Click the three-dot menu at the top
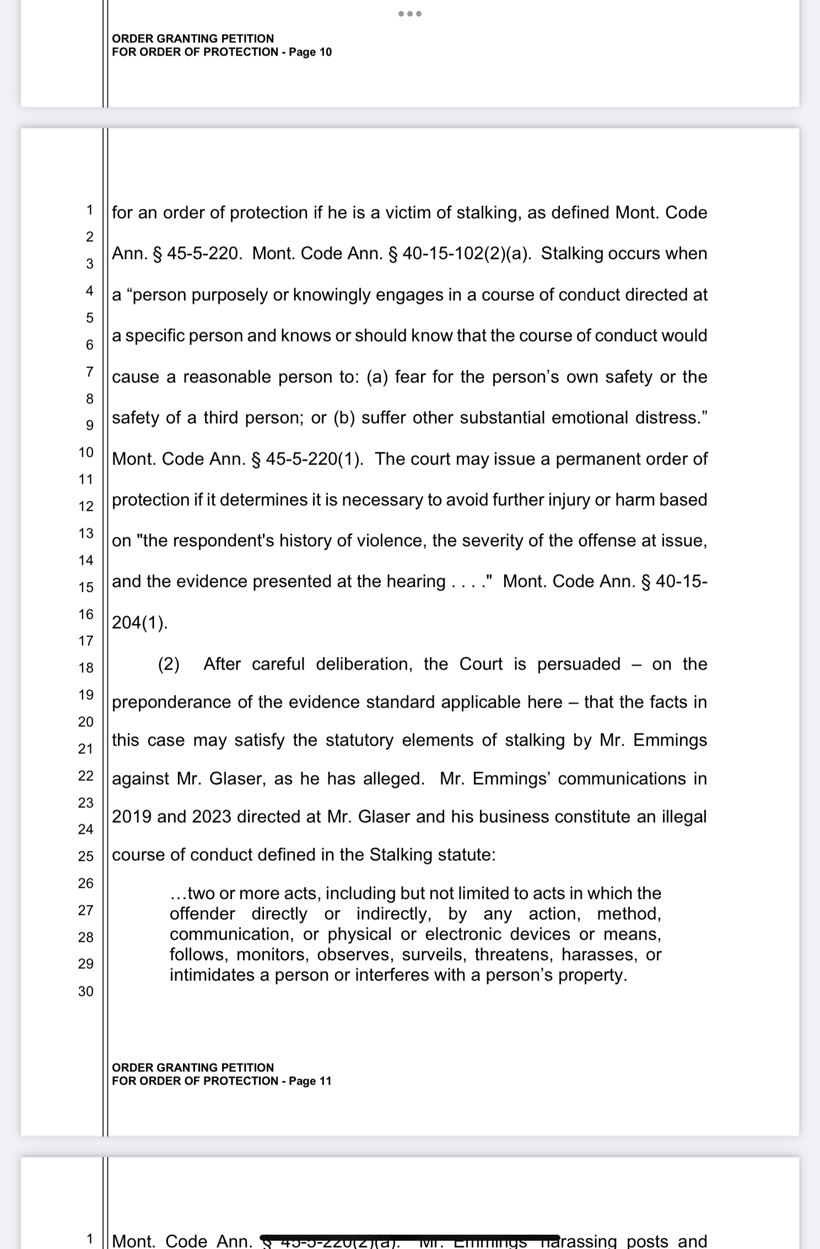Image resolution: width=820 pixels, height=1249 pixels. [410, 14]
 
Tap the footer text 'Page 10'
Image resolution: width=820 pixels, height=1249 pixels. [310, 52]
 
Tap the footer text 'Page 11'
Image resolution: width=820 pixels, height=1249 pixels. [310, 1081]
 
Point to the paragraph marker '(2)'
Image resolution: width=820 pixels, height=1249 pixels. [169, 664]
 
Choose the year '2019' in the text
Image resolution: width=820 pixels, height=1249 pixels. [132, 817]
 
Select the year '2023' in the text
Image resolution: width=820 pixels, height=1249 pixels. [212, 817]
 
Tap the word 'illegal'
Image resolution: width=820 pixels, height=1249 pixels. [684, 817]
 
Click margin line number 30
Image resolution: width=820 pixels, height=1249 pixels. [86, 992]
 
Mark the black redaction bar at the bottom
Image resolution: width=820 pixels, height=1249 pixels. [409, 1237]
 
